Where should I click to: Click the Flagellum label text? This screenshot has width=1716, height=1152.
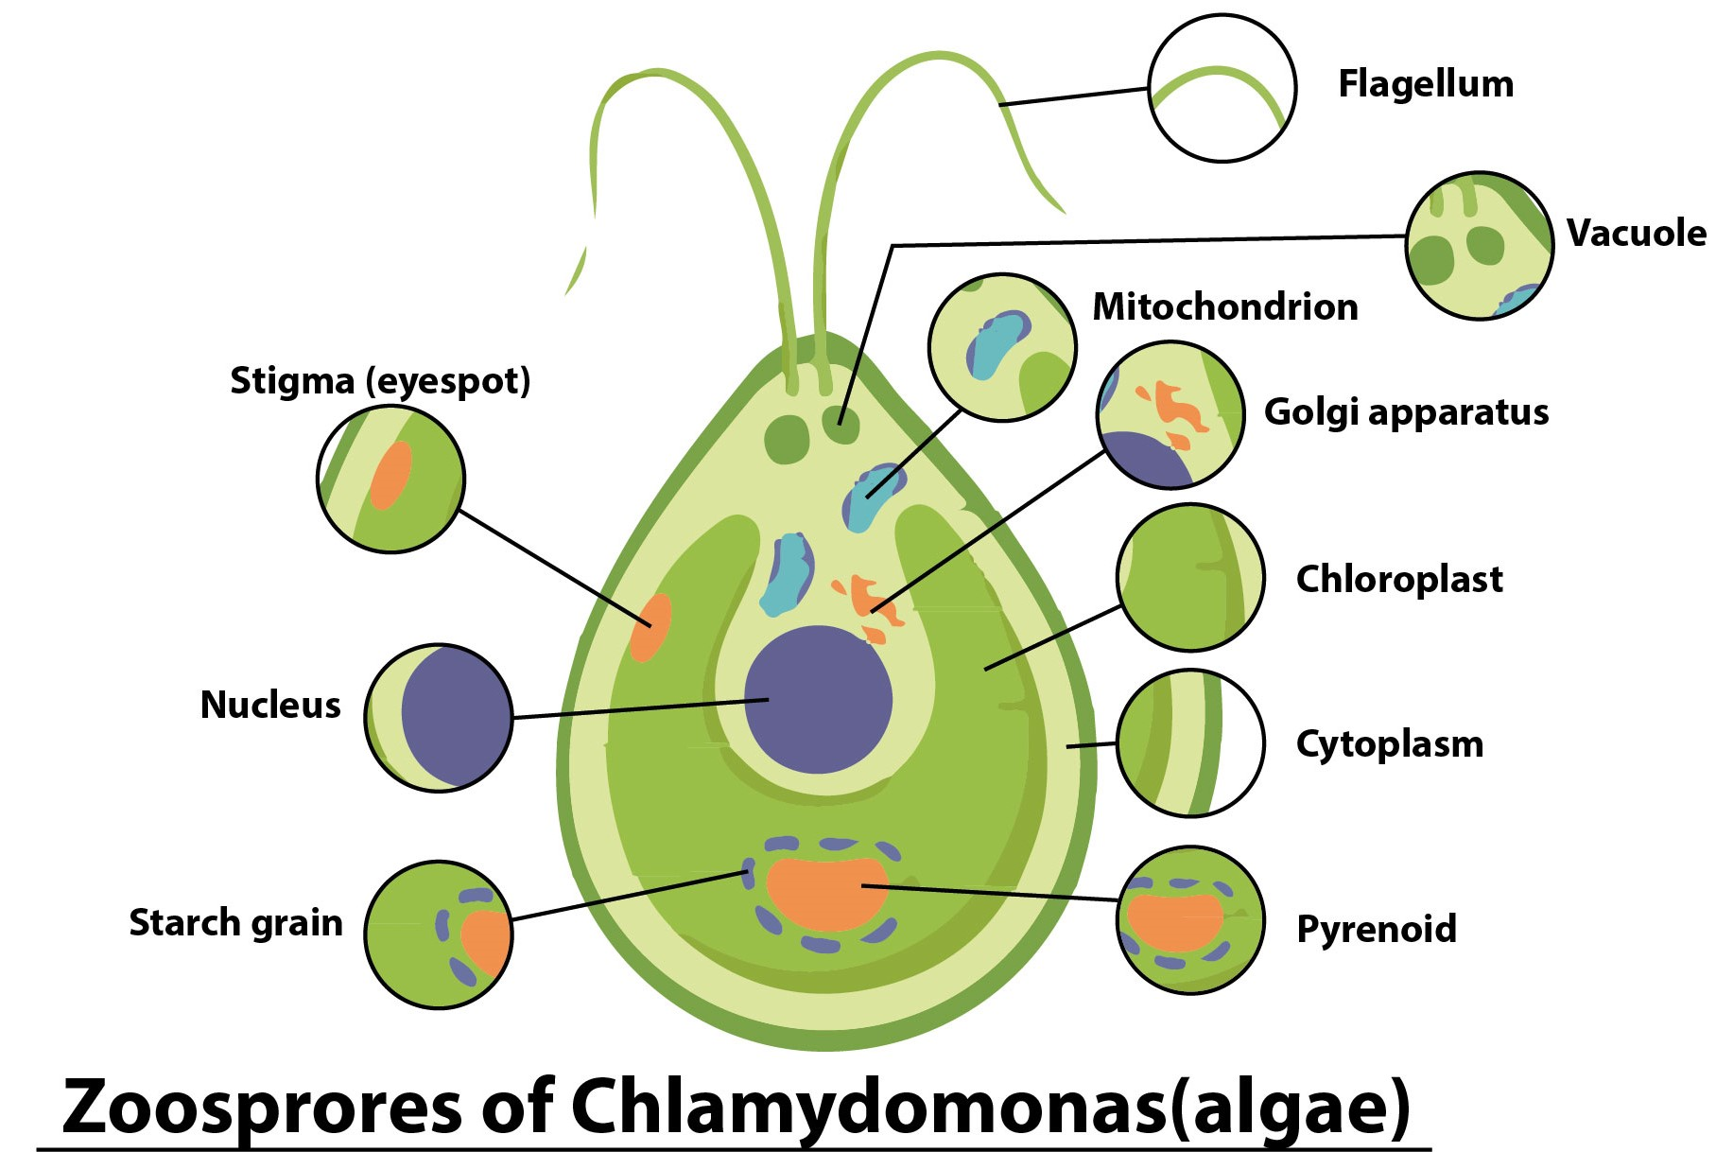click(1425, 84)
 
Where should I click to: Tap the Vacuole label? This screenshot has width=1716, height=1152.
click(1636, 233)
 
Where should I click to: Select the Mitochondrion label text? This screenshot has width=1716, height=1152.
click(1224, 306)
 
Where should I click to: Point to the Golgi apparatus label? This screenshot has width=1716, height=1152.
click(1406, 411)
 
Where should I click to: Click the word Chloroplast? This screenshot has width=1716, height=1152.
click(1398, 579)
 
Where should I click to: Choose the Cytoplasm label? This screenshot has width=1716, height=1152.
click(1389, 744)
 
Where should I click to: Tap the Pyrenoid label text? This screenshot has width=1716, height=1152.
click(1376, 929)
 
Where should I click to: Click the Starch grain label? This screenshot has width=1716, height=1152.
click(235, 922)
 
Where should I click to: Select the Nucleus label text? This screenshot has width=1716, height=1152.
click(270, 705)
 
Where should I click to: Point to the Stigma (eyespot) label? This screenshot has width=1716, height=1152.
click(380, 381)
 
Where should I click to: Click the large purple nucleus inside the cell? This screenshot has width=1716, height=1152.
click(818, 700)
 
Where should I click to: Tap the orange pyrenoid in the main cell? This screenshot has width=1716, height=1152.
click(826, 893)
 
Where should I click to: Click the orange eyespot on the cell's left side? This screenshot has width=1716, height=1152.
click(650, 627)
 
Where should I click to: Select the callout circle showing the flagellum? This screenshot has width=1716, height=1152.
click(1222, 88)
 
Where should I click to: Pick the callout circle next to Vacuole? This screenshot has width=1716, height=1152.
click(1479, 246)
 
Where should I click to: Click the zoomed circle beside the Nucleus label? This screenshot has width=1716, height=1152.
click(439, 718)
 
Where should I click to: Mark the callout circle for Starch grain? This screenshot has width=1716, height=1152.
click(439, 934)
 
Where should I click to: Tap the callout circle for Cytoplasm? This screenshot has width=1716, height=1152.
click(1189, 742)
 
